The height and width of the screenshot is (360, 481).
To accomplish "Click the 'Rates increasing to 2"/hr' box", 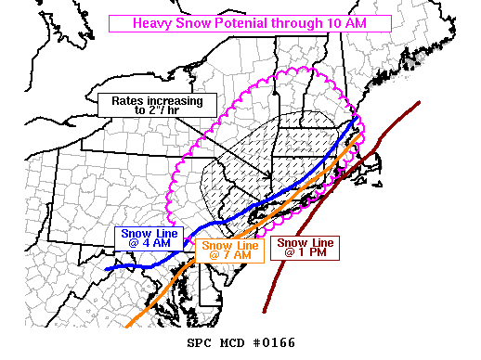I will point(156,104).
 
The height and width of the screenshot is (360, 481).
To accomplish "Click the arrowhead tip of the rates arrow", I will point(270,179).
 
